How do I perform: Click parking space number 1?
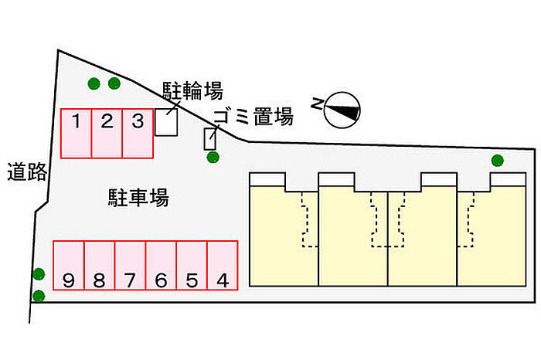77,133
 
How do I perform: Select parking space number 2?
107,133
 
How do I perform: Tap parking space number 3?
138,133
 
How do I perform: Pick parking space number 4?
222,265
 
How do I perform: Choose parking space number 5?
192,265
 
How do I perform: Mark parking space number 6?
161,265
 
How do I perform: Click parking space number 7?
130,265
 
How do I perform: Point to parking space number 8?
99,265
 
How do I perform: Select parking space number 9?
68,265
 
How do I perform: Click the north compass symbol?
341,110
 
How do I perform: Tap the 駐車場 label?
138,198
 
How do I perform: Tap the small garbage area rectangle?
209,139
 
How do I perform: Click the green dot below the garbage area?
213,158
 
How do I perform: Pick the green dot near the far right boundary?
497,161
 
